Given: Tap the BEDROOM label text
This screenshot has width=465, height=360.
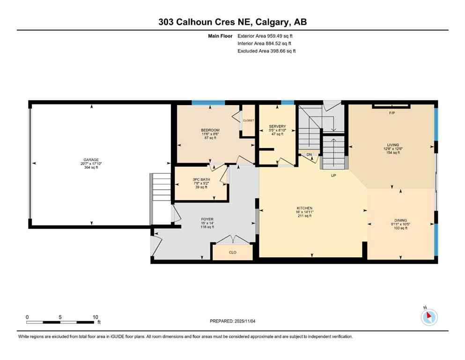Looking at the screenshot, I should (210, 130).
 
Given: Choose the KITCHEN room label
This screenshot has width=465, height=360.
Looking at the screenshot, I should (304, 208).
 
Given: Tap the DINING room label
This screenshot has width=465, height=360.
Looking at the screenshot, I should (400, 220).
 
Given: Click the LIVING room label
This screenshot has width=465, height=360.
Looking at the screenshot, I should (392, 145).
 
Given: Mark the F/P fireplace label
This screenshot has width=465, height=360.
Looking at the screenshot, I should (392, 113).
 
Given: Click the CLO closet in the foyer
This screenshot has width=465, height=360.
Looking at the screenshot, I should (232, 252).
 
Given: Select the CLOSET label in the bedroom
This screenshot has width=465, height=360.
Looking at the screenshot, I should (248, 120).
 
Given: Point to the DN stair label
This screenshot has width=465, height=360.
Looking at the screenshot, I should (309, 154).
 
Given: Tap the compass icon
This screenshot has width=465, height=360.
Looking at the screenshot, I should (429, 317).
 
